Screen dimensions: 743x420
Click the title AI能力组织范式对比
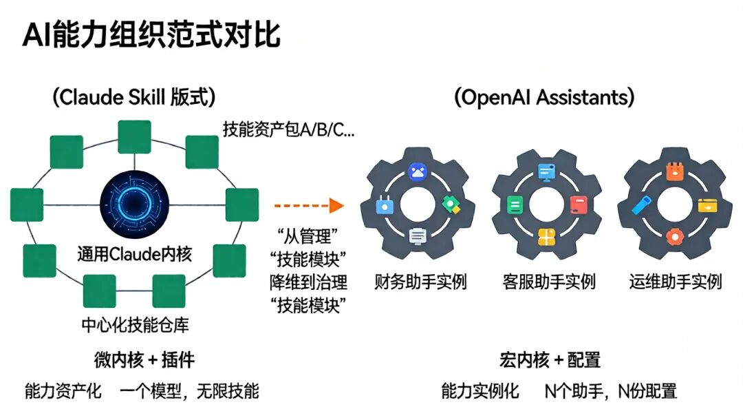click(x=151, y=35)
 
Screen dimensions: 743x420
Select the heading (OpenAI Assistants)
click(x=544, y=96)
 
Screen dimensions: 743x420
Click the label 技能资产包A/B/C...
click(x=288, y=129)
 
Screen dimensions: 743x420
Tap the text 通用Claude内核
click(x=134, y=254)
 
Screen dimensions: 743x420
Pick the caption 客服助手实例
click(x=548, y=282)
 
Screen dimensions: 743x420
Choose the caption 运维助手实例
click(x=676, y=282)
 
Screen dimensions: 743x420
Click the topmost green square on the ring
click(x=134, y=136)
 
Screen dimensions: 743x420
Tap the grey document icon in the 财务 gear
click(x=418, y=236)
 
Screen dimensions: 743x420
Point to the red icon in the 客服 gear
click(x=578, y=204)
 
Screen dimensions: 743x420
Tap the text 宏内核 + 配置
click(x=550, y=359)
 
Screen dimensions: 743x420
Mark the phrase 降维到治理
click(x=308, y=282)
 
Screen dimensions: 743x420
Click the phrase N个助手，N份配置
click(x=611, y=392)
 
